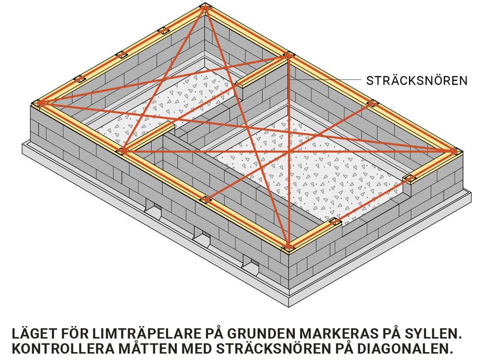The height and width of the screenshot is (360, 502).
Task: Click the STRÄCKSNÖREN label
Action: pyautogui.click(x=417, y=80)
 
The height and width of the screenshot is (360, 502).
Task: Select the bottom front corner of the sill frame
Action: pyautogui.click(x=288, y=248)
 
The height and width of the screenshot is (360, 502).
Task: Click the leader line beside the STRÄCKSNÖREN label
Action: pyautogui.click(x=326, y=80)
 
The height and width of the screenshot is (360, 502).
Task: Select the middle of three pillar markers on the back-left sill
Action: pyautogui.click(x=121, y=54)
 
